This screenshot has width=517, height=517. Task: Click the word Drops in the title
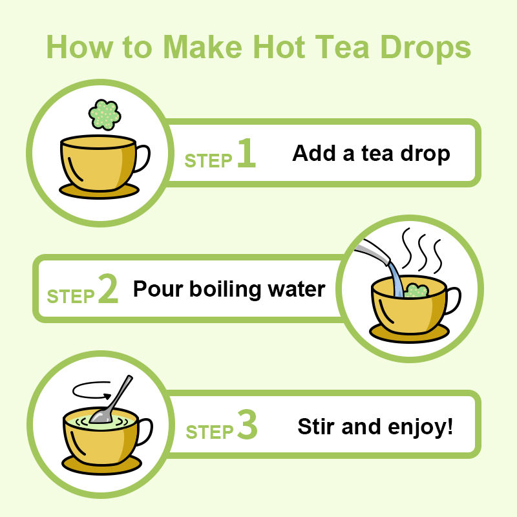[425, 49]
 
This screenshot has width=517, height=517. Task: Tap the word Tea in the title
[342, 47]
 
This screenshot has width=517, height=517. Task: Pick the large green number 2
[108, 288]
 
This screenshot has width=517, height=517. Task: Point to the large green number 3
[248, 424]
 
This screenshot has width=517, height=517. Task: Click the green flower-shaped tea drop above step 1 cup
[105, 115]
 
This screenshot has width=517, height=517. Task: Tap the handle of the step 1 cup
[143, 158]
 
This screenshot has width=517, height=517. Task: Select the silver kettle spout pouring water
[374, 250]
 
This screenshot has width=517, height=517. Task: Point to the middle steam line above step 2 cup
[423, 252]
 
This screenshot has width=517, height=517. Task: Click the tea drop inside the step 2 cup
[416, 290]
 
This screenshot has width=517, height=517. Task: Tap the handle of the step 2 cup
[454, 301]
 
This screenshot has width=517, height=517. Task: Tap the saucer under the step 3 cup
[102, 465]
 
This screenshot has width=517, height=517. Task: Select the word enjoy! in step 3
[421, 427]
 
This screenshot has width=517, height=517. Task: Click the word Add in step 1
[314, 153]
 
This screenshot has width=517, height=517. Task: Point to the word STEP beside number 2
[71, 296]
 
